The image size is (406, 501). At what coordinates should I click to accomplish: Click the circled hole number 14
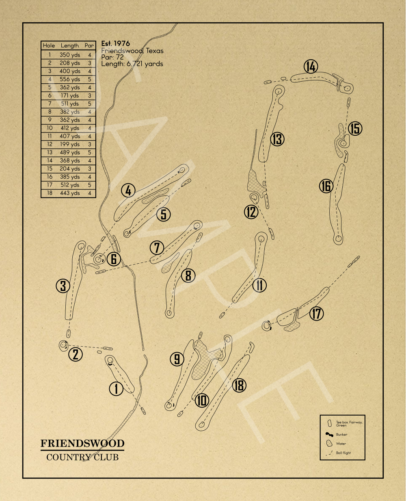[x=311, y=67]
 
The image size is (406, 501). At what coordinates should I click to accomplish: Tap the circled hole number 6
[x=114, y=259]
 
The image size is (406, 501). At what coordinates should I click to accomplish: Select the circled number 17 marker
[x=317, y=313]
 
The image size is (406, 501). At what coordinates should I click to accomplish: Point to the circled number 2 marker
[x=76, y=354]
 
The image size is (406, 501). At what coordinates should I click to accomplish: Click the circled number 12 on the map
[x=251, y=212]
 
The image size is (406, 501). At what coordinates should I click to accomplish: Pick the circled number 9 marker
[x=177, y=359]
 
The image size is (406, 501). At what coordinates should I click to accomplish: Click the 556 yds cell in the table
[x=70, y=79]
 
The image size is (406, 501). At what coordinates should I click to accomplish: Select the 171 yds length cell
[x=70, y=95]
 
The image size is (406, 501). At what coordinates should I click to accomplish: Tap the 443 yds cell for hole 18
[x=70, y=193]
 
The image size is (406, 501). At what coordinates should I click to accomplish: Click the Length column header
[x=70, y=46]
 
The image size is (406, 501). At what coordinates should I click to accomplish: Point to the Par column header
[x=89, y=46]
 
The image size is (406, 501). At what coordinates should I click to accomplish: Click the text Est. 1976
[x=116, y=43]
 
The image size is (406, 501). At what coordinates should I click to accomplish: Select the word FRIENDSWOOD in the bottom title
[x=82, y=443]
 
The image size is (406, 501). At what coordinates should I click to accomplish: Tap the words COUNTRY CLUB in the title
[x=82, y=457]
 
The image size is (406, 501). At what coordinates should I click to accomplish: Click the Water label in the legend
[x=341, y=444]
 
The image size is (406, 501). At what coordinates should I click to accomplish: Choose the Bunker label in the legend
[x=341, y=434]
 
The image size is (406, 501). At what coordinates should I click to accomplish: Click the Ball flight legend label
[x=343, y=453]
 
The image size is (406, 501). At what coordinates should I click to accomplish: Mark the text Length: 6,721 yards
[x=132, y=64]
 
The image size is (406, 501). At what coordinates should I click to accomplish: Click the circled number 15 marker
[x=355, y=128]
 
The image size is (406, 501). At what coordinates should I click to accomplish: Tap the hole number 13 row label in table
[x=50, y=152]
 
